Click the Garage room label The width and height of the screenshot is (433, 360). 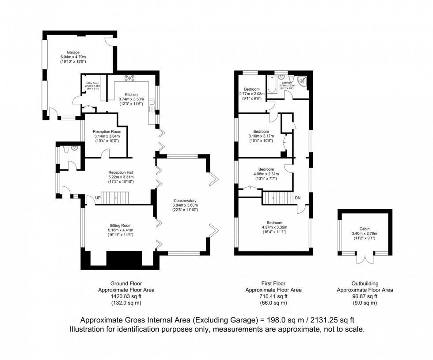coord(73,52)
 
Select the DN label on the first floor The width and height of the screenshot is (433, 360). coord(298,197)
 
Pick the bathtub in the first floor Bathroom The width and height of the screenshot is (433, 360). coord(272,84)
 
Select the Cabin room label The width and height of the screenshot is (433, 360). coord(364,229)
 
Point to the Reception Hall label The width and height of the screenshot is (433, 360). coord(121,172)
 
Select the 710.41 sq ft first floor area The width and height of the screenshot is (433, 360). coord(273,296)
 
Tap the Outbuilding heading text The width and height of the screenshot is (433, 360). coord(365,283)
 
